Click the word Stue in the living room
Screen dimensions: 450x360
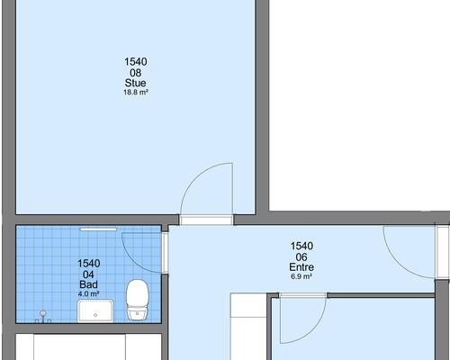click(136, 83)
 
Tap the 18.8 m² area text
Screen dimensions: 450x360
click(136, 92)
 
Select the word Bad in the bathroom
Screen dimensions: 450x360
click(88, 284)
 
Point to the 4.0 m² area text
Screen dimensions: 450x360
click(88, 294)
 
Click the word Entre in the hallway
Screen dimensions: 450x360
click(301, 267)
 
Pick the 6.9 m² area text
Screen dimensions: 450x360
click(301, 276)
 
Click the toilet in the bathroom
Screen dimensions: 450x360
click(138, 300)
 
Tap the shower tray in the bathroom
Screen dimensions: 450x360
click(95, 310)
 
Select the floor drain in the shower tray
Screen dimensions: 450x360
click(95, 315)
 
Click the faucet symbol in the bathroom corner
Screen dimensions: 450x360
click(43, 316)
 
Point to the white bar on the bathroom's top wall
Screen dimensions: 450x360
click(98, 229)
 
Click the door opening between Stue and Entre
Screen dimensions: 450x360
click(206, 220)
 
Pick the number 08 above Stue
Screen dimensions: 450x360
click(136, 73)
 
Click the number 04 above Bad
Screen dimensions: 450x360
click(88, 274)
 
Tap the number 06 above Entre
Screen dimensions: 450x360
click(301, 256)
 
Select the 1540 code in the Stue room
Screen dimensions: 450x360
click(136, 62)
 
